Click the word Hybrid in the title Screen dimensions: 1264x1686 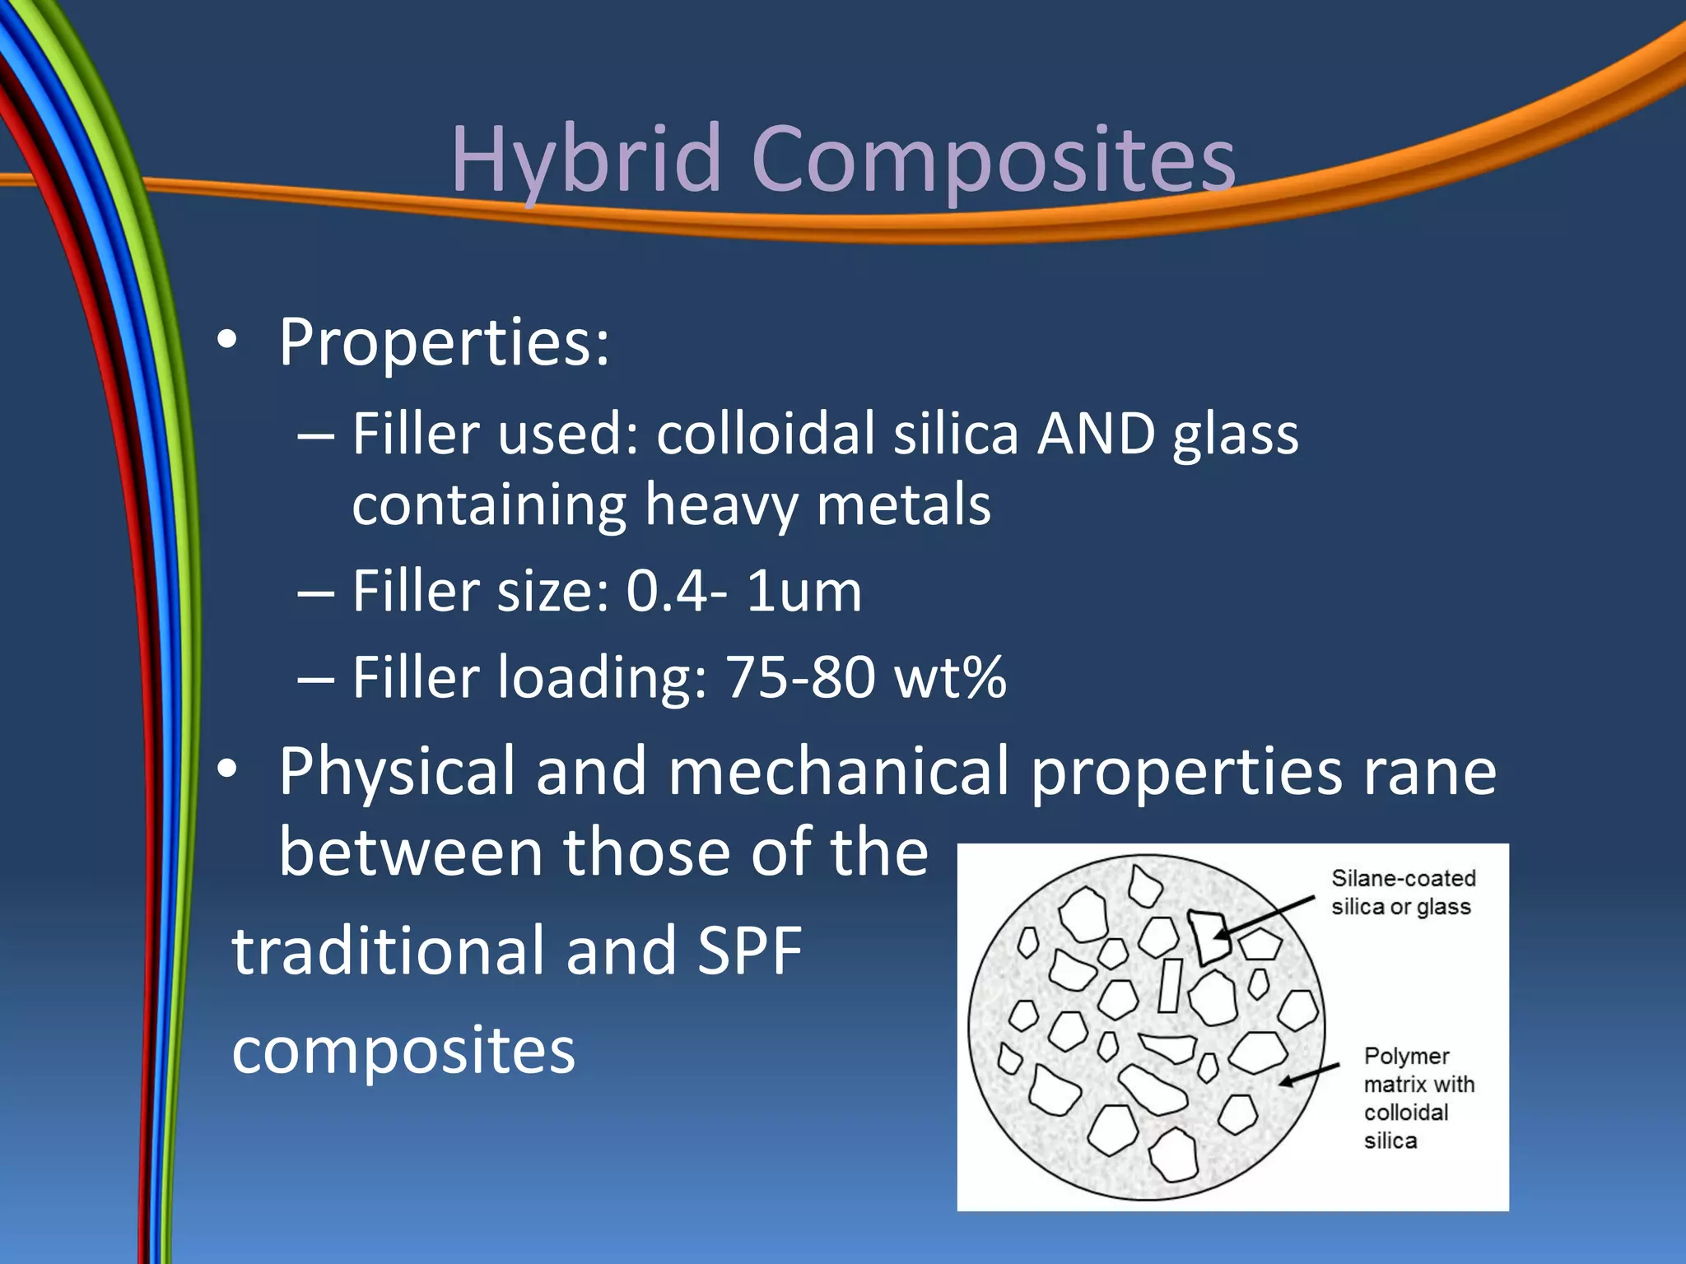coord(586,158)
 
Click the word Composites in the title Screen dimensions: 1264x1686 coord(993,158)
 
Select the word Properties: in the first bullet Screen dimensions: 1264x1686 coord(444,342)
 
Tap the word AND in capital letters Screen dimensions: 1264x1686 coord(1096,434)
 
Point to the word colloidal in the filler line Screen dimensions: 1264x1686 coord(766,434)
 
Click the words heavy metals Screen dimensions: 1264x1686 coord(817,504)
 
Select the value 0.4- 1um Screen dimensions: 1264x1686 coord(743,591)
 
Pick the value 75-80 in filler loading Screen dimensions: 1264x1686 coord(799,677)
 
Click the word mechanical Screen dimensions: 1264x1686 coord(838,772)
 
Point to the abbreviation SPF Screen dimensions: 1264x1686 coord(749,950)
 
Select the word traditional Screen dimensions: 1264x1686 coord(388,950)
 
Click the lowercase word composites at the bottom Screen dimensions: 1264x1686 coord(403,1051)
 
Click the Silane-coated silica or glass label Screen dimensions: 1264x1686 coord(1403,892)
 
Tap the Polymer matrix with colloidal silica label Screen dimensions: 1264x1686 coord(1418,1098)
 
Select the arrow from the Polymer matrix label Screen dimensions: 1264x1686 coord(1309,1075)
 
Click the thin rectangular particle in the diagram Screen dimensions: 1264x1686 coord(1170,985)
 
